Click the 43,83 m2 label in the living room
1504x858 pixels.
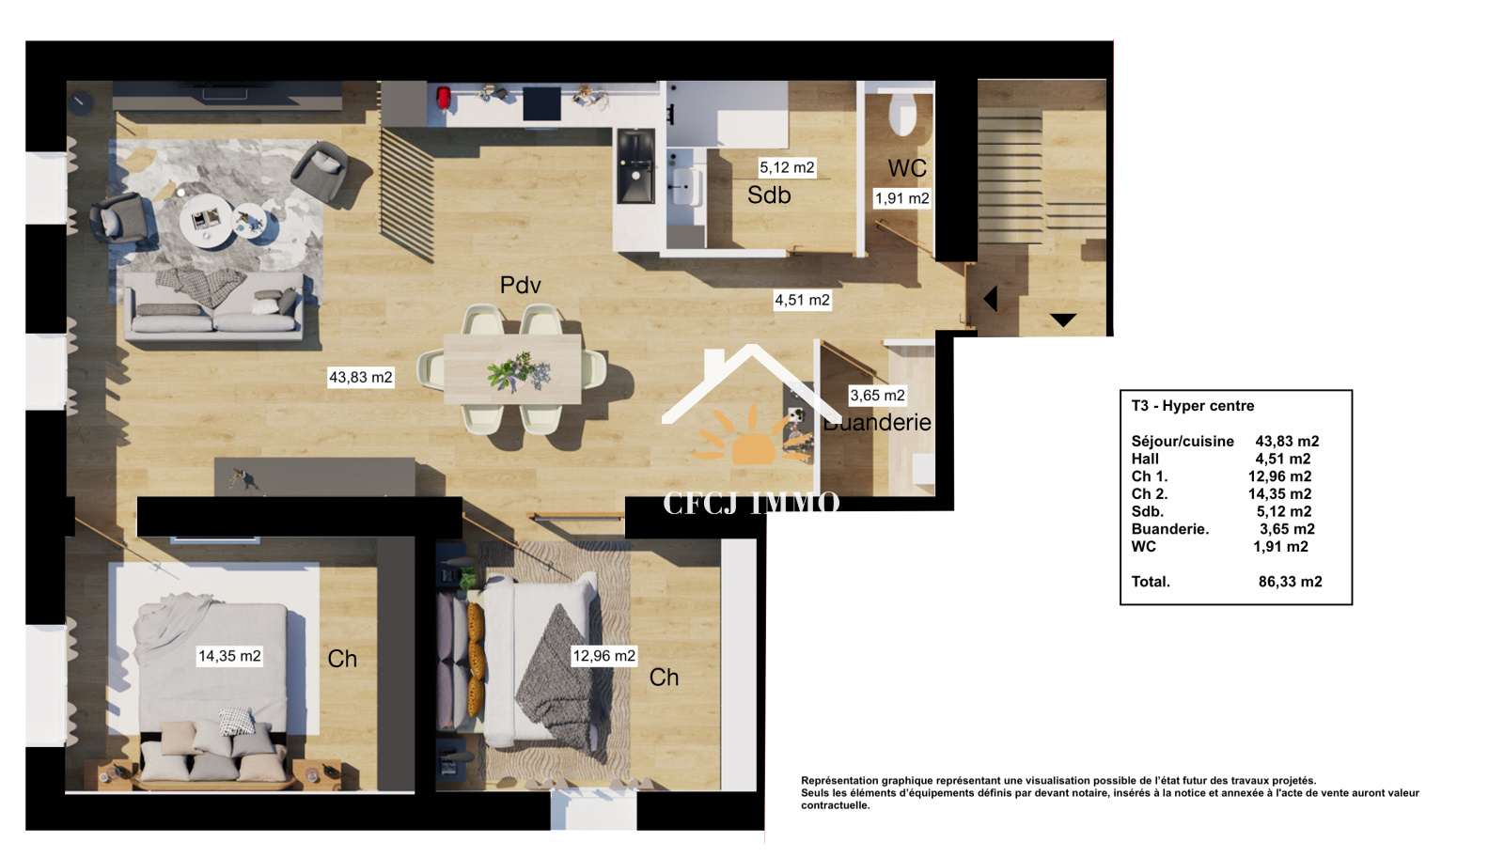coord(361,377)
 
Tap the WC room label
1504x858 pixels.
coord(907,168)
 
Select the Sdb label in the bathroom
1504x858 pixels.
coord(769,195)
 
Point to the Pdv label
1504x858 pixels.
coord(521,286)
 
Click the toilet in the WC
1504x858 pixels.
coord(902,114)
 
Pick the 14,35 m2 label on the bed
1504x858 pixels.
coord(229,656)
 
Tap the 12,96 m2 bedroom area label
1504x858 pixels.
coord(603,656)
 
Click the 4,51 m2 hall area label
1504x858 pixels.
coord(803,300)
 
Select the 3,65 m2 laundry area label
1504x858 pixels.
coord(878,396)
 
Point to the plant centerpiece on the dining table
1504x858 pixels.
coord(518,372)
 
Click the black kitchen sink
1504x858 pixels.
coord(635,165)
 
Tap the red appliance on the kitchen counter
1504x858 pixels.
coord(443,98)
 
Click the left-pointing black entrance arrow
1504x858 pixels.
coord(991,298)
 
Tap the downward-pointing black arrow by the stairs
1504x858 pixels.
coord(1063,320)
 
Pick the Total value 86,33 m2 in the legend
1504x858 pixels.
coord(1290,582)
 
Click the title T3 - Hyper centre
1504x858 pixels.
coord(1193,406)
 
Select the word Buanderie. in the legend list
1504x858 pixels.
coord(1169,530)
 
